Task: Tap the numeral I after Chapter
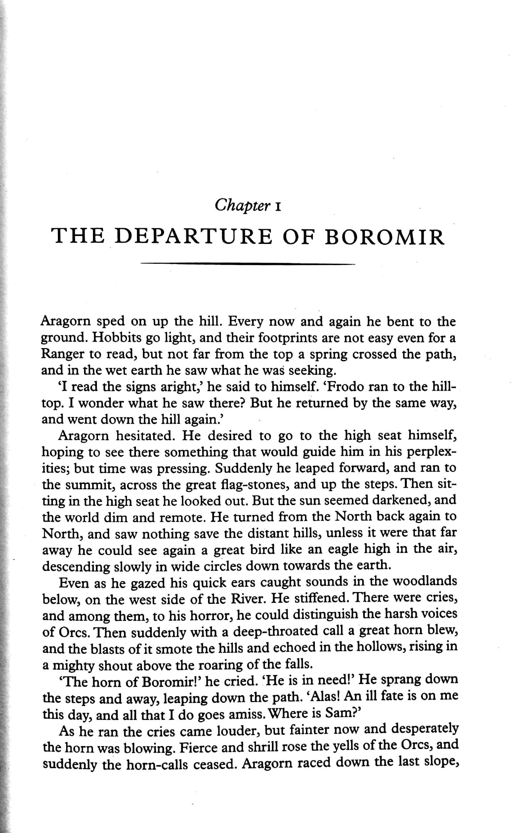coord(278,207)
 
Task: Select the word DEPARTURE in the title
coord(193,236)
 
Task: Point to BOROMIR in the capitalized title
coord(384,236)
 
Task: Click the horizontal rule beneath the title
coord(247,263)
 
